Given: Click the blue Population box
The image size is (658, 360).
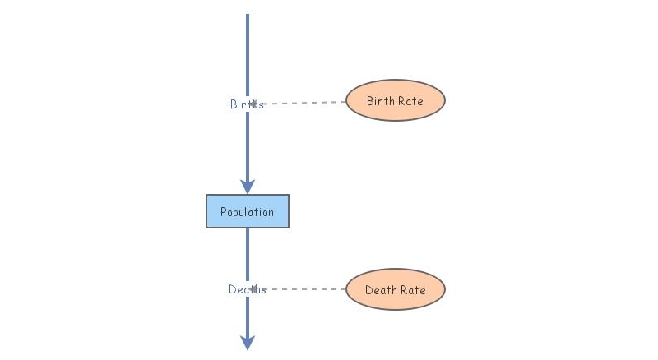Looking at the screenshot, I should pos(247,211).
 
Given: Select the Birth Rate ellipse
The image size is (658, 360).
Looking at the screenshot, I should pos(395,101).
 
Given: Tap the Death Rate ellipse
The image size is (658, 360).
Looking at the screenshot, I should pos(395,290).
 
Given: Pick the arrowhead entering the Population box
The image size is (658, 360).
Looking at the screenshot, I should pos(247,187).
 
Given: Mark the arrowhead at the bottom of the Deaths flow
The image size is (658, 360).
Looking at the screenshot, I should pos(247,342).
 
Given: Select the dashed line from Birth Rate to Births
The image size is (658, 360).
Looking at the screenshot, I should pos(304,103).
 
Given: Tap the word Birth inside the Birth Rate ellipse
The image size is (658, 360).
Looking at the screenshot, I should pos(381,101).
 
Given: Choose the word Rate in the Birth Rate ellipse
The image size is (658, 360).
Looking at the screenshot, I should pos(410,101).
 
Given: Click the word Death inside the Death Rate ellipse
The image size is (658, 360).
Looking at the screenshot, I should pos(381,290).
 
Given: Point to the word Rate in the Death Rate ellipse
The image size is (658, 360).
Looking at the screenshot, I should pos(413,290).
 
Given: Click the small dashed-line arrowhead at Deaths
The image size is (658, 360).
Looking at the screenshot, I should pos(256,289).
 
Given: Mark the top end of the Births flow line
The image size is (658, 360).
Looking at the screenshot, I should pos(247,16).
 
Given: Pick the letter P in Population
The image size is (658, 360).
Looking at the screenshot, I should pos(224,212).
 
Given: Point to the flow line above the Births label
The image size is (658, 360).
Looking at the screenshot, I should pos(247,58).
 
